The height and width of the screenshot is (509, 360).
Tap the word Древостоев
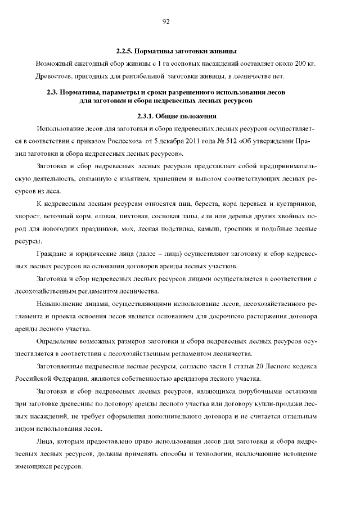coord(53,76)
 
